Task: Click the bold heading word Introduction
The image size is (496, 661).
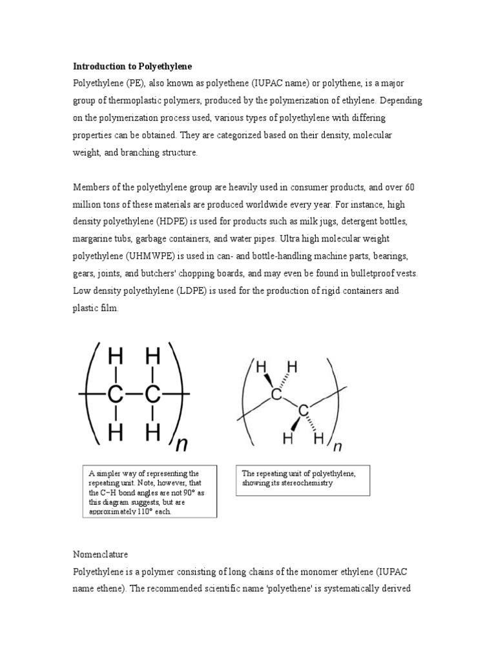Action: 98,66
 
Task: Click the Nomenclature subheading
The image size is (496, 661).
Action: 100,554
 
